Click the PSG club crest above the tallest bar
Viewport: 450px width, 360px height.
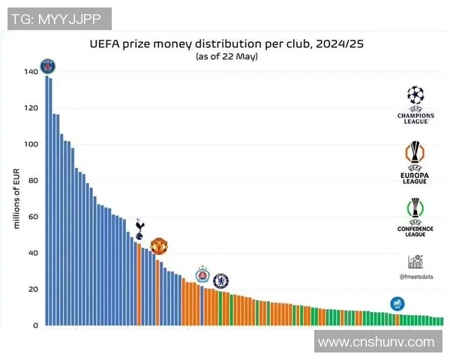click(48, 66)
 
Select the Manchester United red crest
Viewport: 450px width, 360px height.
click(158, 246)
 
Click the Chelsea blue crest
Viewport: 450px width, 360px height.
click(220, 281)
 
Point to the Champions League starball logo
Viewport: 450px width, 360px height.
click(415, 95)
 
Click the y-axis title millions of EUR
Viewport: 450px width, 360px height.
click(16, 199)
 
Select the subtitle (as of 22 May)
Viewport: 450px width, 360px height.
click(226, 56)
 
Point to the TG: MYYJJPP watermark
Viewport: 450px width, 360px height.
click(59, 19)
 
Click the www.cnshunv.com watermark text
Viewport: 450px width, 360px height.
click(376, 342)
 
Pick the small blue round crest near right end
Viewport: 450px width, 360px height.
click(397, 304)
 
